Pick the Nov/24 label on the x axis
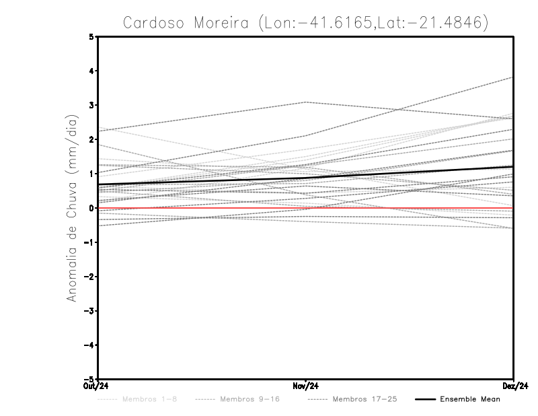coord(305,386)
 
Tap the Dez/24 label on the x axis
coord(514,386)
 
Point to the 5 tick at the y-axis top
coord(92,36)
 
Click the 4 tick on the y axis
coord(92,71)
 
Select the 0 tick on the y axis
coord(92,208)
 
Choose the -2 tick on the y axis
coord(89,277)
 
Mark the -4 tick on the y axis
coord(89,345)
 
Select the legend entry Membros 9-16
coord(249,400)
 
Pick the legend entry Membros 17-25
coord(364,400)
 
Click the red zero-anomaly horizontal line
coord(202,208)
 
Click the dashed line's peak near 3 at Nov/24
coord(305,102)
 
